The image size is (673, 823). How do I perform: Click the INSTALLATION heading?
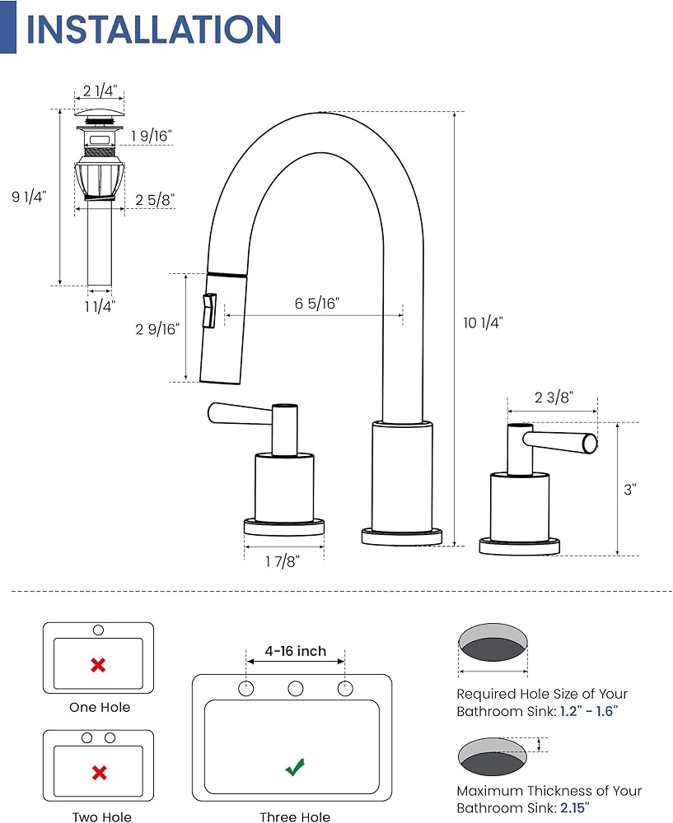coord(153,30)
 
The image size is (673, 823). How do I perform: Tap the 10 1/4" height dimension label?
coord(483,323)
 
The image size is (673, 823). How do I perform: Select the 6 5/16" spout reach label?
coord(317,304)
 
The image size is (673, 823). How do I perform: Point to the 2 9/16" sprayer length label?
coord(157,329)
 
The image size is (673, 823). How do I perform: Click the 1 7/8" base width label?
coord(282,561)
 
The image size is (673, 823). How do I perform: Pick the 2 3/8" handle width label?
coord(554,398)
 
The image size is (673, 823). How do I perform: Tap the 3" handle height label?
coord(630,489)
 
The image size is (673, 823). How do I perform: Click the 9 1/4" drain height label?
coord(29,197)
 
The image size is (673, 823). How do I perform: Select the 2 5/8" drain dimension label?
coord(155,200)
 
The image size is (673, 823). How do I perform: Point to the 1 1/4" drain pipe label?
coord(100,306)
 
